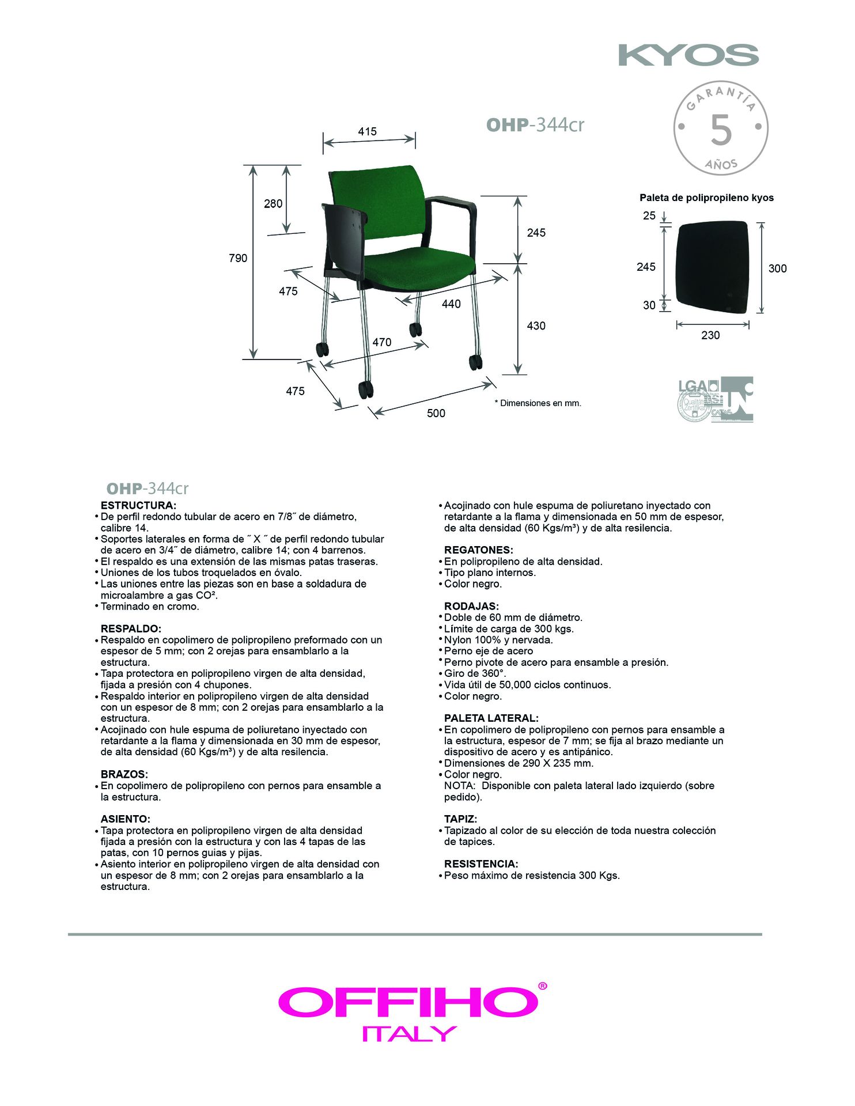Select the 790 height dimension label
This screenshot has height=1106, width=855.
(x=238, y=258)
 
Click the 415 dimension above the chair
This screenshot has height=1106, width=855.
(x=367, y=131)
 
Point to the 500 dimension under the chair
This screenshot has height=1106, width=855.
(x=436, y=413)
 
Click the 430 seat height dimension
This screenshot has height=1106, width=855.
(x=536, y=325)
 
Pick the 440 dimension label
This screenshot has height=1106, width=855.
(x=451, y=304)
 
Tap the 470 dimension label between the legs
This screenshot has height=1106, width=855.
(x=381, y=342)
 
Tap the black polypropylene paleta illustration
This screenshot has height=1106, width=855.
(x=712, y=267)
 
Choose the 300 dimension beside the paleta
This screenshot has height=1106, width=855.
(x=777, y=268)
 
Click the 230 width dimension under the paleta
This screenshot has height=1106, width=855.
(x=710, y=335)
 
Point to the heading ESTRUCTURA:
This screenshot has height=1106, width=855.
(x=138, y=505)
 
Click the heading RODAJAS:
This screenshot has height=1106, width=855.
(x=471, y=606)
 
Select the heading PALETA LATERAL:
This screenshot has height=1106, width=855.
(x=491, y=718)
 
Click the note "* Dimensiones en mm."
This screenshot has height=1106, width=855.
(x=538, y=403)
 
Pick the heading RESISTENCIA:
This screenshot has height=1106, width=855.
(x=481, y=864)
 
